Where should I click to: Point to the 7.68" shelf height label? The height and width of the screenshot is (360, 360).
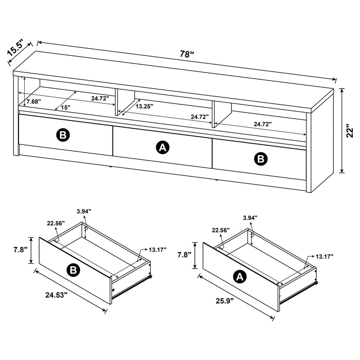pyautogui.click(x=34, y=102)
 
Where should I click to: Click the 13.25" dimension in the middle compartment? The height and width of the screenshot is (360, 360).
pyautogui.click(x=144, y=107)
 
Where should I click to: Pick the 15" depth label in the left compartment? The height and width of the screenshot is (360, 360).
pyautogui.click(x=66, y=108)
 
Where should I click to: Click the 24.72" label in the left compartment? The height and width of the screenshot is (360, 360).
pyautogui.click(x=100, y=98)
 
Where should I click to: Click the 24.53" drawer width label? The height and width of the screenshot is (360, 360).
pyautogui.click(x=56, y=295)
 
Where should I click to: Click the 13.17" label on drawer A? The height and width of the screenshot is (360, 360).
pyautogui.click(x=324, y=256)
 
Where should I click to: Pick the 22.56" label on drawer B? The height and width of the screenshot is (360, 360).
pyautogui.click(x=55, y=223)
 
